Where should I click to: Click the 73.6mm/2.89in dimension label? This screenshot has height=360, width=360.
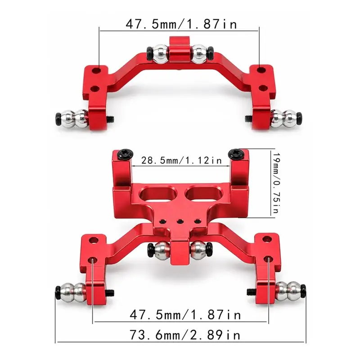point(185,335)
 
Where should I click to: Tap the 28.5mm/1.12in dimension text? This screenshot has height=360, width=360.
point(181,160)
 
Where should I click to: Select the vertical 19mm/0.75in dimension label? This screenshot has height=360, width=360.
point(276,183)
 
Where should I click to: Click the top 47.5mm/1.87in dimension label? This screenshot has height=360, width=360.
point(181,24)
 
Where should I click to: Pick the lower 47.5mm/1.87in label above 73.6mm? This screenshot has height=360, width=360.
point(185,315)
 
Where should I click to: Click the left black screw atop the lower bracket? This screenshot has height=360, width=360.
point(125,154)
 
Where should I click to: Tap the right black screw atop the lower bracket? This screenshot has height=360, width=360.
point(236,153)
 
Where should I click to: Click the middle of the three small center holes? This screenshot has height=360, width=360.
point(180,221)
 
